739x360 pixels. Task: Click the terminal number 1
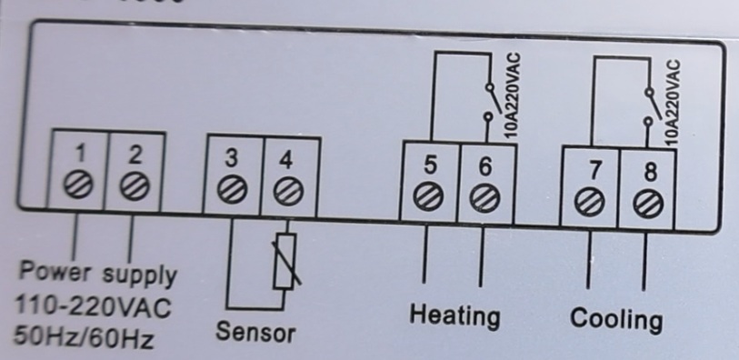tap(81, 154)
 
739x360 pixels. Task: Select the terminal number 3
tap(233, 158)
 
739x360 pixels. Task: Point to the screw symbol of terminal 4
tap(288, 189)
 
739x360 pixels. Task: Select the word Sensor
tap(255, 331)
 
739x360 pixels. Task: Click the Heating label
tap(454, 315)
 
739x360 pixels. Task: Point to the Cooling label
tap(616, 319)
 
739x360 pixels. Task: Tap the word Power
tap(56, 272)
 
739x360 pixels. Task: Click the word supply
tap(139, 274)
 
